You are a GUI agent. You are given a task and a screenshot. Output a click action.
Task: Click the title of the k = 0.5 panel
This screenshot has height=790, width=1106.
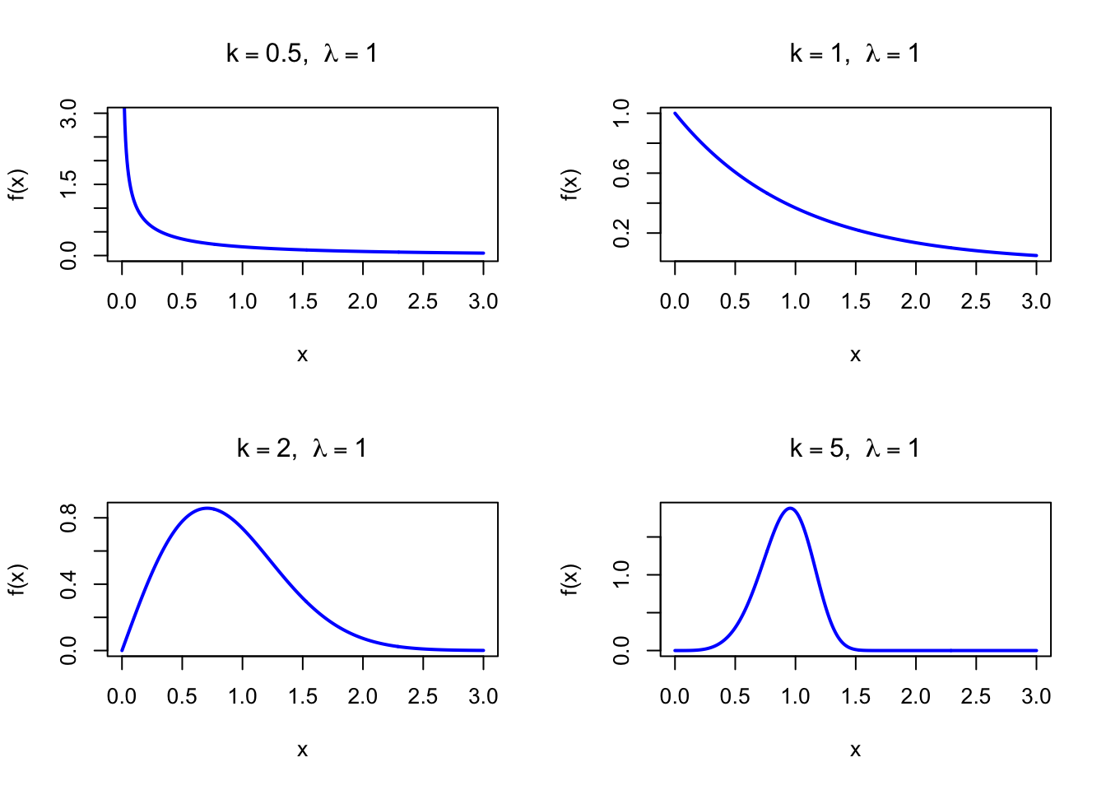[x=302, y=54]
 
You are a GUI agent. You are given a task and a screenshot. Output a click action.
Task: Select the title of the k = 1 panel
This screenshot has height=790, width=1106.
[x=855, y=54]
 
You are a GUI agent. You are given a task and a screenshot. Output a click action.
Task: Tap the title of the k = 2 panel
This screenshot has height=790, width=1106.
[x=302, y=449]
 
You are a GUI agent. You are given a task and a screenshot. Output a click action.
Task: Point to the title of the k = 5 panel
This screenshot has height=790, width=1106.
[x=855, y=449]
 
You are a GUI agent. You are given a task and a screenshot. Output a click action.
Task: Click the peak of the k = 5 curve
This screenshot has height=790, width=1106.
[x=790, y=508]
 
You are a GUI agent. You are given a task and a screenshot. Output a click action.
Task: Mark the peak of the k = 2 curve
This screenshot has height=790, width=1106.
[x=207, y=508]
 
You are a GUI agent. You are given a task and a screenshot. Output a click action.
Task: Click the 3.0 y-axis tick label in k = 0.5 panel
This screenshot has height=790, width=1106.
[x=69, y=114]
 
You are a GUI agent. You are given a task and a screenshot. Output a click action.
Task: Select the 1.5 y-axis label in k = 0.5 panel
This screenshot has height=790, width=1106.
[x=69, y=184]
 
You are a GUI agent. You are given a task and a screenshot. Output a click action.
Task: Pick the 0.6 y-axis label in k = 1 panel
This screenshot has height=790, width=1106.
[x=622, y=174]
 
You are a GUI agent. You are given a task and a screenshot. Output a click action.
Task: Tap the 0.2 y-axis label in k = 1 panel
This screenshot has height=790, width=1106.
[x=622, y=234]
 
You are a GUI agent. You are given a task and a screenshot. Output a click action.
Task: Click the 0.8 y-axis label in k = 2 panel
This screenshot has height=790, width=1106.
[x=69, y=518]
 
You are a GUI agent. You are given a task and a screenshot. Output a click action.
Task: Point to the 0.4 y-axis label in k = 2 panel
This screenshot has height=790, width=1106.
[x=69, y=584]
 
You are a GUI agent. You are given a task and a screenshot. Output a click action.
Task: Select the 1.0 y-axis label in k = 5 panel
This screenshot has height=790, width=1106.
[x=622, y=574]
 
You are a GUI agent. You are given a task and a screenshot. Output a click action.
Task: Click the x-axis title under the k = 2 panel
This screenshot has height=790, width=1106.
[x=302, y=750]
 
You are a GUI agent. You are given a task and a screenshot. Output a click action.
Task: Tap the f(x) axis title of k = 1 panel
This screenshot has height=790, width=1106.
[x=570, y=184]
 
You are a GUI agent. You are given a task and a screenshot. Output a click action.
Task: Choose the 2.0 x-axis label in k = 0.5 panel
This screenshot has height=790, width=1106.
[x=363, y=302]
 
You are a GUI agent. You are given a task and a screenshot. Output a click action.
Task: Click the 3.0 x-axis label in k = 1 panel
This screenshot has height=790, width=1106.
[x=1036, y=302]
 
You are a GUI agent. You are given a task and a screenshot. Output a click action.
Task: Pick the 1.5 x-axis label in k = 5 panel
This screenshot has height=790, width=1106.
[x=856, y=697]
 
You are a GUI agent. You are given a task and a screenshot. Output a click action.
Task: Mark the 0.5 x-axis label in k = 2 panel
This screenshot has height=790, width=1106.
[x=182, y=697]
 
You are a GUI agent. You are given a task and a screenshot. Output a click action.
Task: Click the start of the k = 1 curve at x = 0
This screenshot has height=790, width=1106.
[x=675, y=114]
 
